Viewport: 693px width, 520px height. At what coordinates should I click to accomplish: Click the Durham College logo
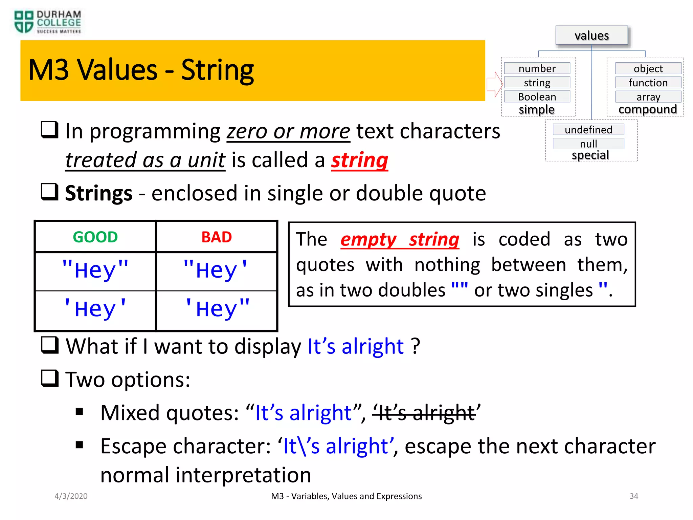(x=47, y=22)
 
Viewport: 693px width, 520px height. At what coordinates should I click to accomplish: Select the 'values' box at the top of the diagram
(x=591, y=35)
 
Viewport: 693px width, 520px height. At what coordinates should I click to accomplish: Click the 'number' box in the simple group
(x=537, y=68)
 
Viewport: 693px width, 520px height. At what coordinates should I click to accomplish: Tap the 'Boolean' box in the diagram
(x=537, y=97)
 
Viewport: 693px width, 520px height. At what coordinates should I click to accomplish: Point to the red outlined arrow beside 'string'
(x=494, y=84)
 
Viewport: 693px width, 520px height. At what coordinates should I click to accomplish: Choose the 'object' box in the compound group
(x=648, y=68)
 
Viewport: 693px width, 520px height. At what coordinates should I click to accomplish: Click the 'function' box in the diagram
(x=648, y=83)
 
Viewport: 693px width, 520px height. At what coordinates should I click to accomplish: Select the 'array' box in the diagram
(x=648, y=97)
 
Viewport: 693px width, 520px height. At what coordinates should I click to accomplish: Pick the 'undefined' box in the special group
(x=588, y=130)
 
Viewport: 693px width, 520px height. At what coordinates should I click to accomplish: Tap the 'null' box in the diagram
(x=588, y=144)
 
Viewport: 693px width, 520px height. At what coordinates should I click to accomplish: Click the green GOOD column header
(x=95, y=237)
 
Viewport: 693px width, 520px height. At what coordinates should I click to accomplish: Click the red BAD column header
(x=217, y=237)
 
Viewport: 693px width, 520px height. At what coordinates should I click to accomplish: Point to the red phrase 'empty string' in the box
(x=400, y=240)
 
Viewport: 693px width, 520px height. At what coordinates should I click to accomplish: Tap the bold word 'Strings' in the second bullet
(x=98, y=193)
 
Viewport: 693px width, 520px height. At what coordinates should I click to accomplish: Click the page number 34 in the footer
(x=633, y=496)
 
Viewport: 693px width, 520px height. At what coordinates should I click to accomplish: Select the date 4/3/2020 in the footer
(x=71, y=496)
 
